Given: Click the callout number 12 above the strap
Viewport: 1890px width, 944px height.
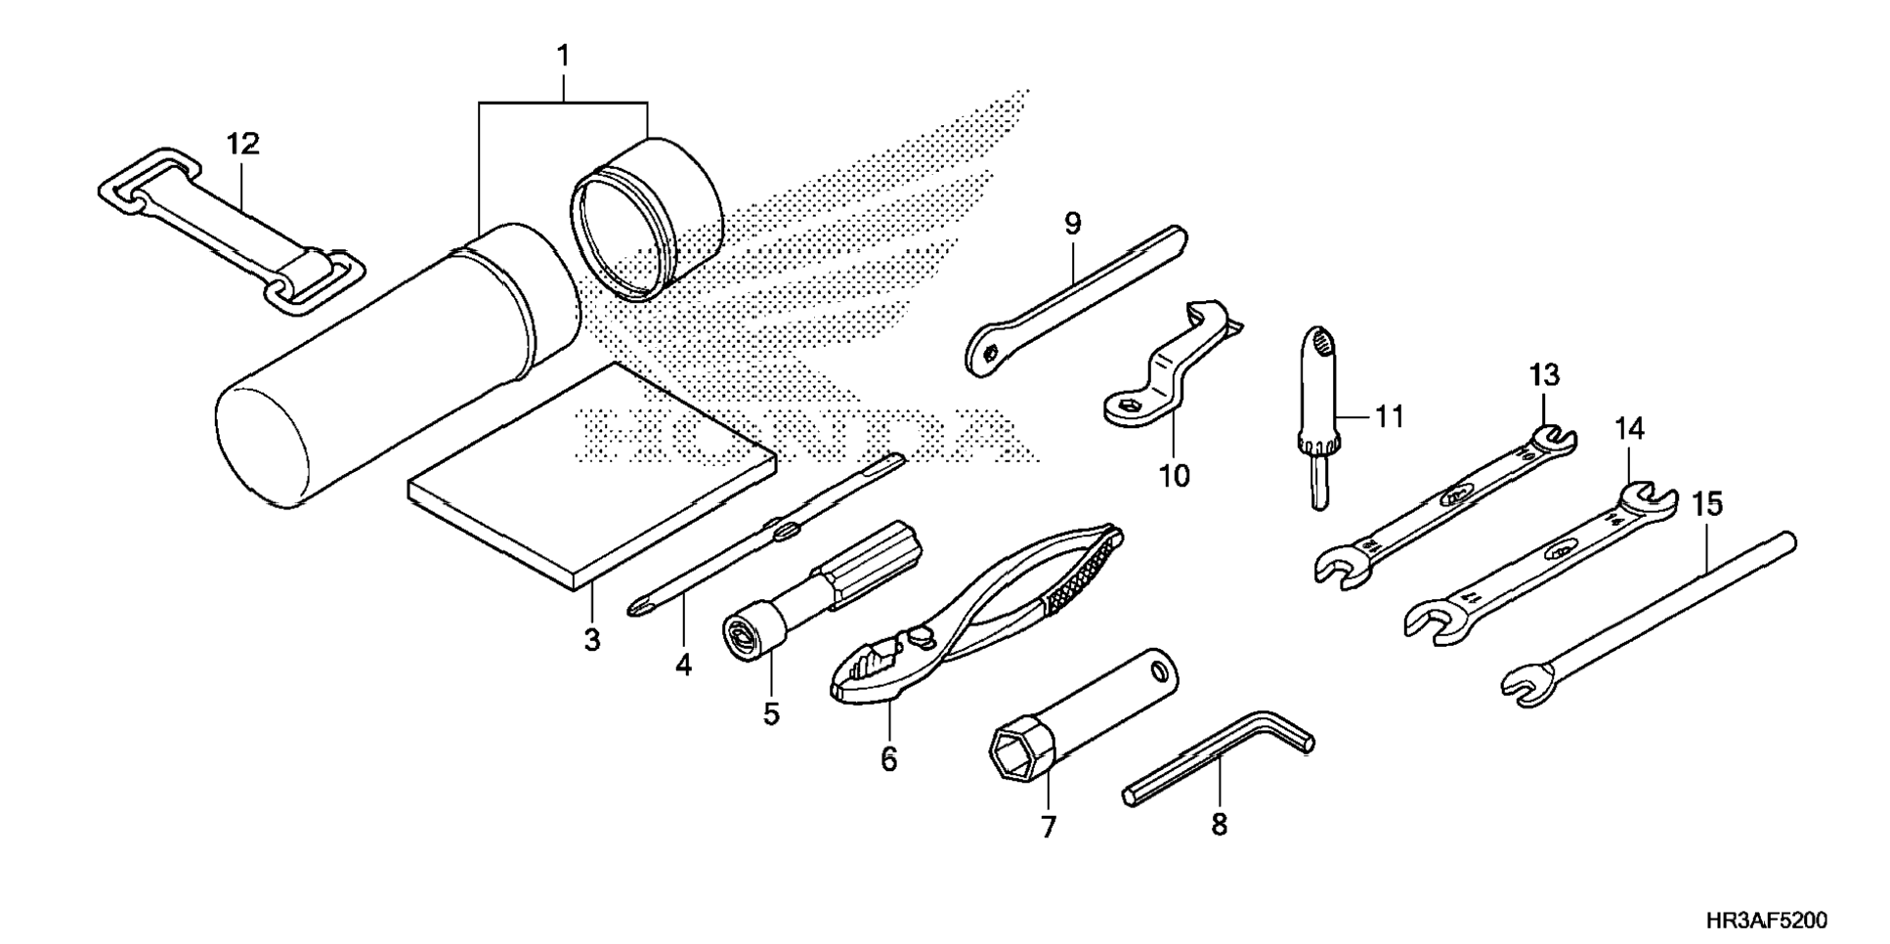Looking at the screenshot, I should pos(243,145).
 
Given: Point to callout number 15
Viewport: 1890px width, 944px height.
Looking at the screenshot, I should pos(1707,504).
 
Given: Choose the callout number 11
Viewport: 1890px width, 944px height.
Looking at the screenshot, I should pos(1389,417).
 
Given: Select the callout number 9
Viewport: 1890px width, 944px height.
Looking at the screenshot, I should pos(1073,225).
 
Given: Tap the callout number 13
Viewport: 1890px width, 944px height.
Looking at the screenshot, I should pos(1545,375).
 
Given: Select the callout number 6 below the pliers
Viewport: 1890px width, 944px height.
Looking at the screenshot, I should pos(888,758).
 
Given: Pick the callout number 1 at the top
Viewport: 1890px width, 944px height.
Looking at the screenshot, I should pos(563,57).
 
